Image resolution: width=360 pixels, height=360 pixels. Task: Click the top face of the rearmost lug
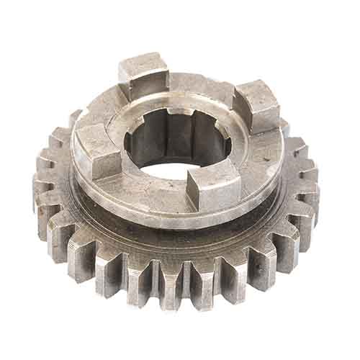point(143,66)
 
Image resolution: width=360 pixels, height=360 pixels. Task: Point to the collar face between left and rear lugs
point(101,115)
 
